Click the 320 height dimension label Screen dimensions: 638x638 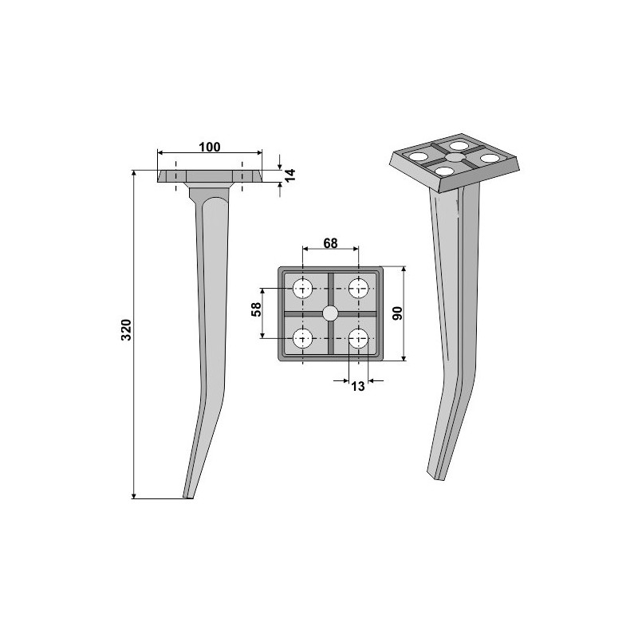coord(127,330)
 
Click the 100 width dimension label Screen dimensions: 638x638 coord(210,147)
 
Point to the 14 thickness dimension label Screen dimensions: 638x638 coord(289,175)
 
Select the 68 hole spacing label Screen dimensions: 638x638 coord(330,243)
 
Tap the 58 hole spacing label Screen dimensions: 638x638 coord(256,309)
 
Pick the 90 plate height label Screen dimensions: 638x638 coord(397,313)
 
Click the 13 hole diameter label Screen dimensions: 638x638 coord(358,386)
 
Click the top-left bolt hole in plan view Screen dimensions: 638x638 coord(303,289)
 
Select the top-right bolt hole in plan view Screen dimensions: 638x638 coord(358,289)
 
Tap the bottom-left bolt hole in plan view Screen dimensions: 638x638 coord(303,338)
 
